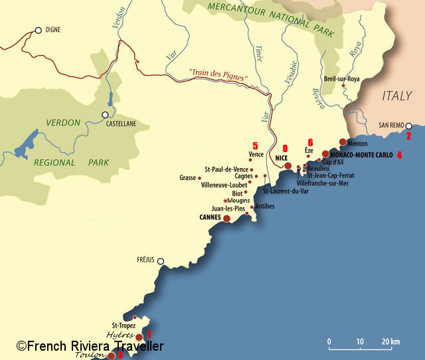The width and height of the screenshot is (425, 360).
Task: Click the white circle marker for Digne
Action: click(38, 30)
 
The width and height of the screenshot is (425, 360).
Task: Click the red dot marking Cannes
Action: click(226, 218)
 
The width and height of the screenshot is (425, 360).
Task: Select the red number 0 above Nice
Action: click(285, 149)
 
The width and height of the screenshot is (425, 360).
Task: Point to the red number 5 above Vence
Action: click(255, 145)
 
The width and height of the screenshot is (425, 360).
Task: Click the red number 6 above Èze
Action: click(310, 141)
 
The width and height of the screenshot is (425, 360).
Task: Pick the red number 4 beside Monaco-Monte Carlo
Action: click(399, 155)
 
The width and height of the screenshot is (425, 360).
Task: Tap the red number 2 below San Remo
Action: click(409, 135)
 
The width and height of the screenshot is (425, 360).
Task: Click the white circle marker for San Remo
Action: click(409, 126)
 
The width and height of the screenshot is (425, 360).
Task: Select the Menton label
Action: click(357, 143)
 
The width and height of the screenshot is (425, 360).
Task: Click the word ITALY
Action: click(397, 96)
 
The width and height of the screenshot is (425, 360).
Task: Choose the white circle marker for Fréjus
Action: click(160, 261)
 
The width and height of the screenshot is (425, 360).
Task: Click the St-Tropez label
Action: click(124, 325)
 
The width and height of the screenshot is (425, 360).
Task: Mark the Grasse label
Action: click(188, 177)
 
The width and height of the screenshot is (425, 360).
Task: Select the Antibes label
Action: click(264, 206)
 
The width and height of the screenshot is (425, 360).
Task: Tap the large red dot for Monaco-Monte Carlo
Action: click(325, 153)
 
